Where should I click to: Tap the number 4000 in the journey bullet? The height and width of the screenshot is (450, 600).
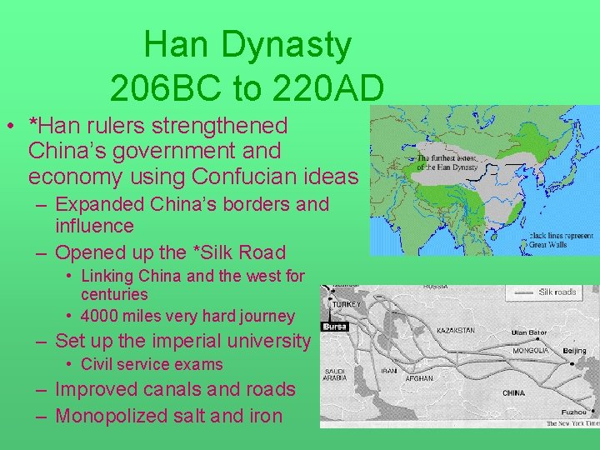click(103, 316)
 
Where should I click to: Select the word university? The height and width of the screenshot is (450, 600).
click(262, 341)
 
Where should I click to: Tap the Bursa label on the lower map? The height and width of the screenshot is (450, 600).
click(333, 327)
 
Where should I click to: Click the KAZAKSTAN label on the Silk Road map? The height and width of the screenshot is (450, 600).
click(455, 331)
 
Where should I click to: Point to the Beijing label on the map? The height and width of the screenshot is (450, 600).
click(574, 352)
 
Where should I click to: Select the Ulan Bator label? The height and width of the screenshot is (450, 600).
click(530, 332)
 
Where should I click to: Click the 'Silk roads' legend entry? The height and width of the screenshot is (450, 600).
click(557, 292)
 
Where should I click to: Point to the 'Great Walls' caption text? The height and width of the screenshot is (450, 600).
click(547, 243)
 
